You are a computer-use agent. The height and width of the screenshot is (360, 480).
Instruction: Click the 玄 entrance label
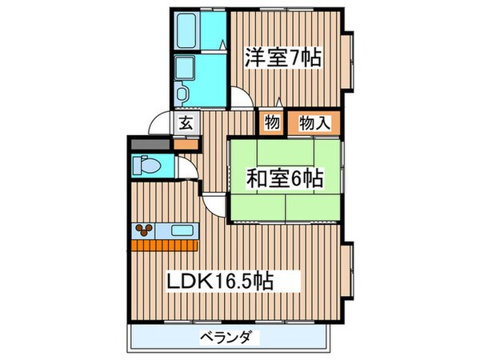pos(186,123)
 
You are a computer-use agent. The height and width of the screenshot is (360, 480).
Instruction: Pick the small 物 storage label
pos(270,123)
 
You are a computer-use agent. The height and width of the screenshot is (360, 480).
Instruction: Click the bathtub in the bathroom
pos(189,30)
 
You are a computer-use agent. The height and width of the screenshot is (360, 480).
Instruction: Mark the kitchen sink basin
pos(180,232)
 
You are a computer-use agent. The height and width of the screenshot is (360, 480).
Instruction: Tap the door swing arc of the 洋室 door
pos(244,100)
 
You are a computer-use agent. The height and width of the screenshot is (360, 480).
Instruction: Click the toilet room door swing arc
pos(185,170)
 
